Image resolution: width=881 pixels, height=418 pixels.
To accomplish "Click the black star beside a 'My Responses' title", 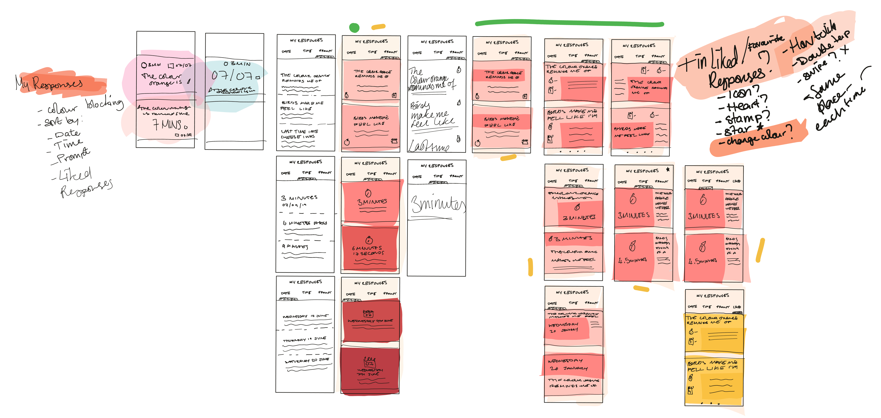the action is click(668, 169).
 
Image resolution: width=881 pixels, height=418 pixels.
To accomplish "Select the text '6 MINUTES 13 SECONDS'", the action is click(368, 250).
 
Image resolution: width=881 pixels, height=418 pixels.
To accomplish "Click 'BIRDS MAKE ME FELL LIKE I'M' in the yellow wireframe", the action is click(713, 365).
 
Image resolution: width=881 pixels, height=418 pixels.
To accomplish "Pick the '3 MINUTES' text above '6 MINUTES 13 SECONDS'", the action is click(372, 202).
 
